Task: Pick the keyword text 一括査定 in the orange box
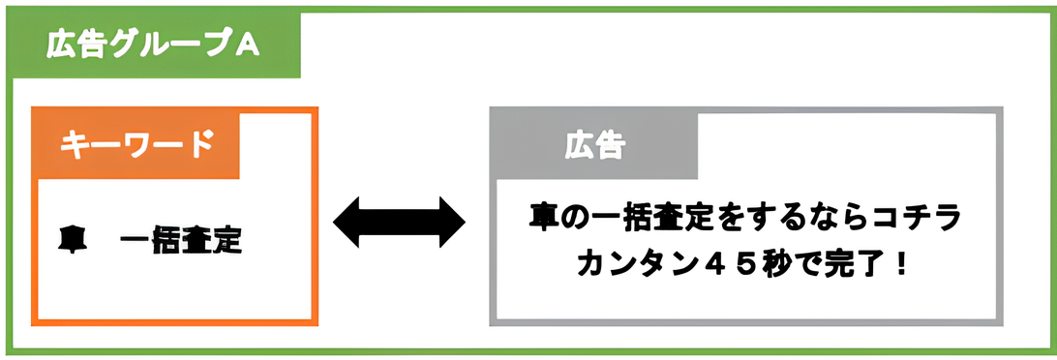click(182, 240)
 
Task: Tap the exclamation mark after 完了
click(903, 263)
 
